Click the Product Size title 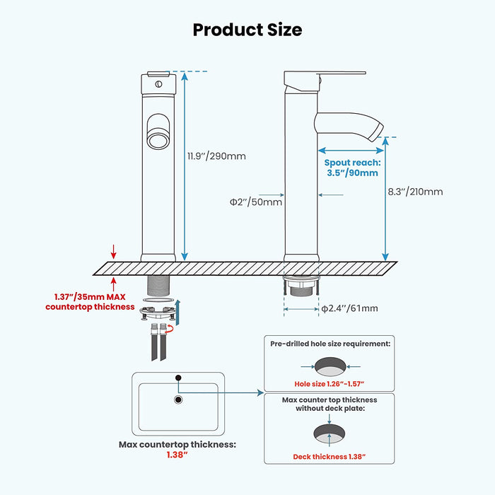tap(247, 30)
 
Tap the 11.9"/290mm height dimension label tap(217, 156)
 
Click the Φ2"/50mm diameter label tap(255, 202)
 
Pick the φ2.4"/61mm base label tap(349, 308)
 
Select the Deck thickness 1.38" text tap(329, 457)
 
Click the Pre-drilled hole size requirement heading tap(330, 343)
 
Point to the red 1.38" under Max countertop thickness tap(177, 455)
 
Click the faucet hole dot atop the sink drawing tap(178, 377)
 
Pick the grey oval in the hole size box tap(330, 366)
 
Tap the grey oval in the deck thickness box tap(330, 434)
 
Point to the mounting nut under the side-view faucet tap(302, 286)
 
